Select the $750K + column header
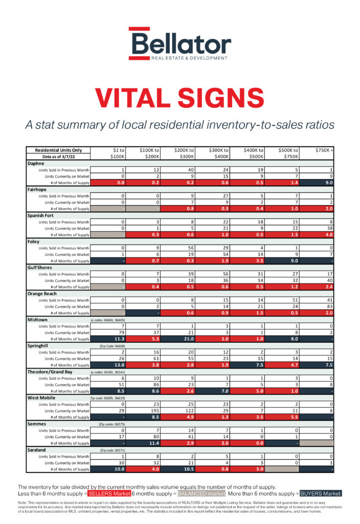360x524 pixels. [325, 150]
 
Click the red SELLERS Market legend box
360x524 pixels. [109, 493]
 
